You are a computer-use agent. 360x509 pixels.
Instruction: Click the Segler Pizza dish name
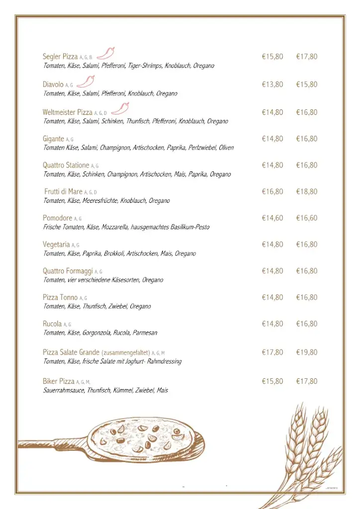click(x=60, y=57)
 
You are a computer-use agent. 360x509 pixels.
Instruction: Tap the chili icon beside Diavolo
click(x=87, y=81)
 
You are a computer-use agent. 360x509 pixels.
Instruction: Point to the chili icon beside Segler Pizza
click(x=106, y=53)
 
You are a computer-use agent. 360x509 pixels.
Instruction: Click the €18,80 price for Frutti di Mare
click(x=307, y=192)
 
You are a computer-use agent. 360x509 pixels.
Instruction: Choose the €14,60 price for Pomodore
click(x=272, y=218)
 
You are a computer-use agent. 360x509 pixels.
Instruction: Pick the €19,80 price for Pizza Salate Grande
click(x=307, y=352)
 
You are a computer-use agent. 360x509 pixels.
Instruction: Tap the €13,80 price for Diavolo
click(x=272, y=85)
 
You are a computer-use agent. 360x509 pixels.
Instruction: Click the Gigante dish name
click(x=53, y=139)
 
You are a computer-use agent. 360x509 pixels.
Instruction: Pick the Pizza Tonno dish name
click(x=60, y=298)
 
